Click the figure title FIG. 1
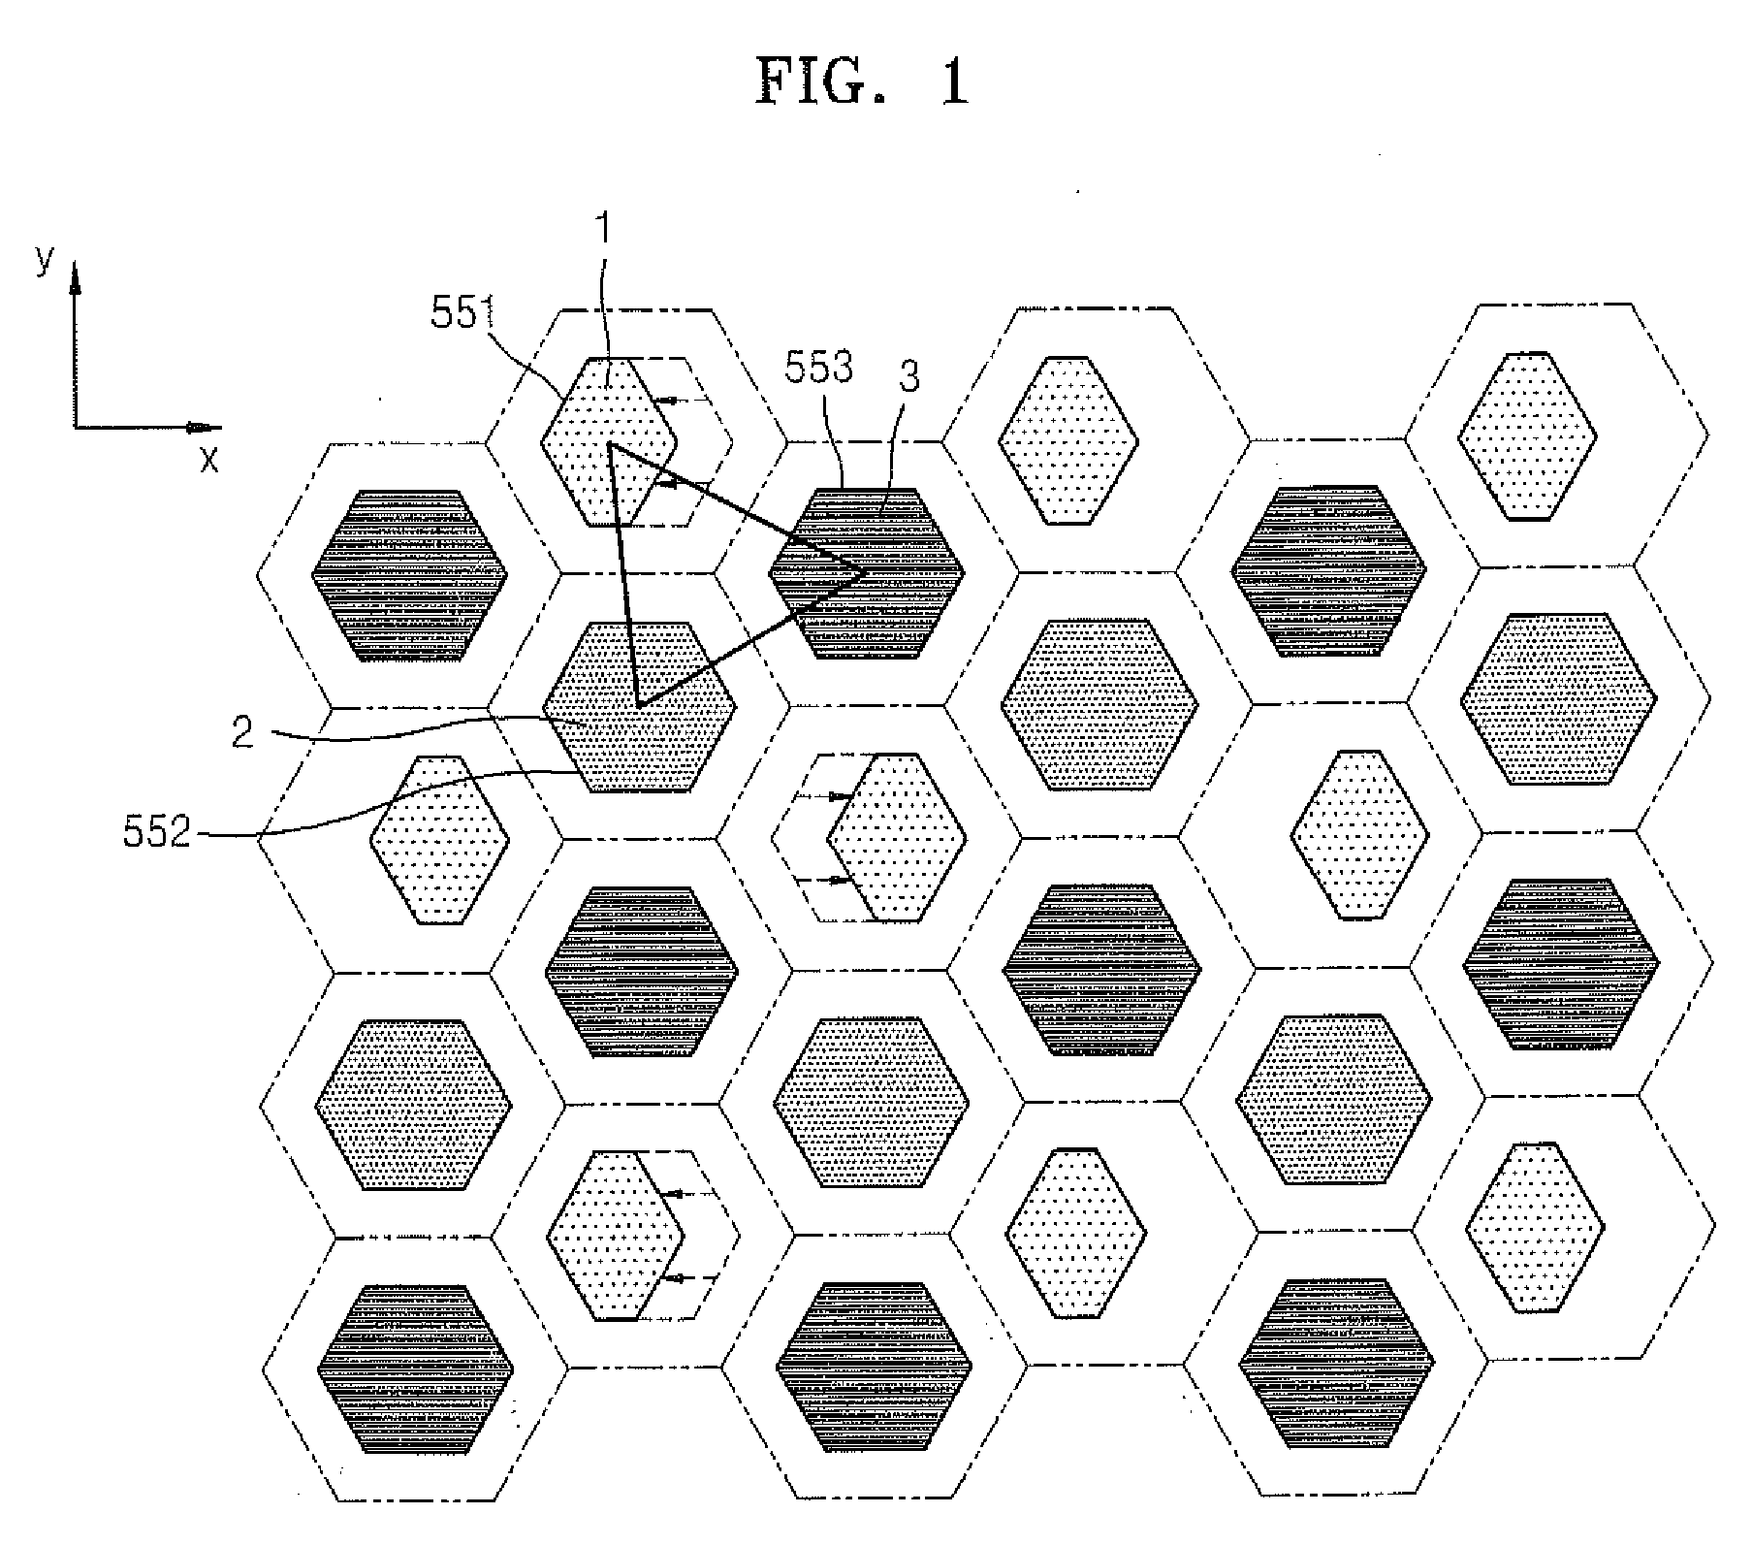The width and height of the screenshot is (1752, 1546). coord(862,82)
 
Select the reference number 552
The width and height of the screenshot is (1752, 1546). coord(157,832)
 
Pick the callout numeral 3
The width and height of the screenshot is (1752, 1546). coord(908,379)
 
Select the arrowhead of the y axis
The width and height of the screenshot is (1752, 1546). coord(75,276)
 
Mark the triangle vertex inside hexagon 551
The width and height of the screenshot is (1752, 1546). coord(610,444)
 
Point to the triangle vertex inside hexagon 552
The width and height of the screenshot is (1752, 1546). coord(639,705)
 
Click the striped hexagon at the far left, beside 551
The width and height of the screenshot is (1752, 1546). coord(409,575)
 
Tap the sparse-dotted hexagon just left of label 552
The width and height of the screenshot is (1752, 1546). coord(439,840)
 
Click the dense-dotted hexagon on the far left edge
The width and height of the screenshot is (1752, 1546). coord(413,1105)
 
